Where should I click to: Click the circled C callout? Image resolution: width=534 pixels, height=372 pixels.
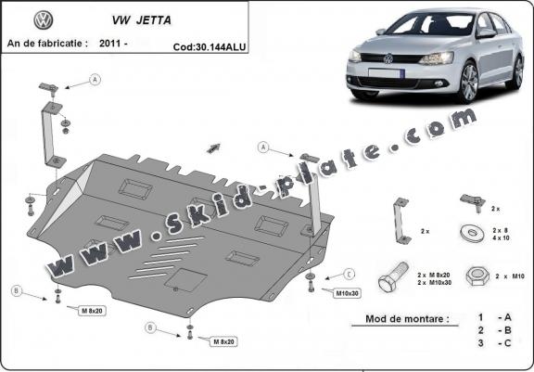click(350, 275)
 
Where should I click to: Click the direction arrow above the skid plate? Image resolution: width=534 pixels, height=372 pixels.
click(215, 146)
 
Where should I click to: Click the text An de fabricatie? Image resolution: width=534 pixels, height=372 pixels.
click(47, 43)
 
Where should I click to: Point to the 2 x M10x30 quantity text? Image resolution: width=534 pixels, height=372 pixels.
click(435, 282)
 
